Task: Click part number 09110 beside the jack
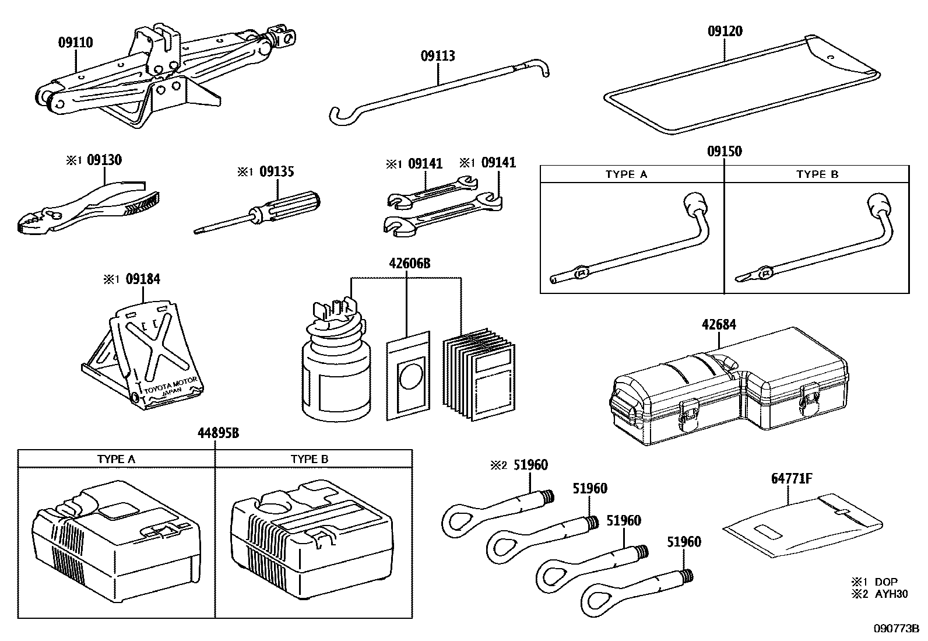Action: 75,43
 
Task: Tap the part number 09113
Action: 438,56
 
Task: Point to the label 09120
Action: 725,31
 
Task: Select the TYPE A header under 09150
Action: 626,174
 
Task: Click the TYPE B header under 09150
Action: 817,174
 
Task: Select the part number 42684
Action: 719,324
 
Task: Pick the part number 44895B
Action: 217,433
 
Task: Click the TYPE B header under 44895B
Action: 310,459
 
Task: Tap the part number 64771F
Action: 792,479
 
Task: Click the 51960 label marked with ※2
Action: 530,465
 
